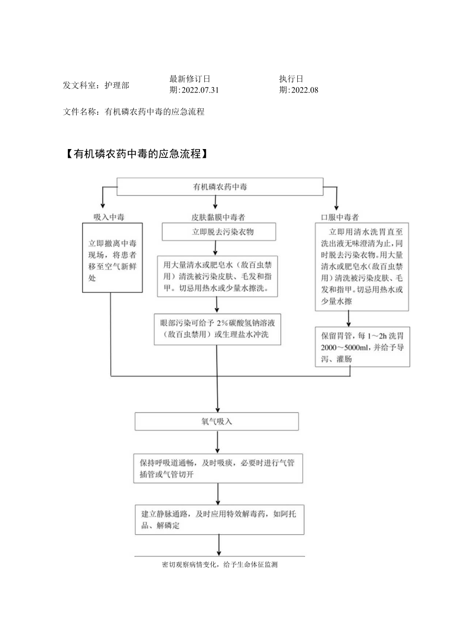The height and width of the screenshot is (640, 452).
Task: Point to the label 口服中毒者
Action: pos(339,216)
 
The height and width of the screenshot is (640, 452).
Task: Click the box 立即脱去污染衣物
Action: pos(219,231)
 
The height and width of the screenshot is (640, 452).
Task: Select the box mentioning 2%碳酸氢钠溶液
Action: pos(217,329)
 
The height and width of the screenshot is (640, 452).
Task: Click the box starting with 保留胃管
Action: pos(363,347)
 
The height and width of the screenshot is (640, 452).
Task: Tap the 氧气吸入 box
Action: pos(217,422)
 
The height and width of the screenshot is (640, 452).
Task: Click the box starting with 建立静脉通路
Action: pos(219,519)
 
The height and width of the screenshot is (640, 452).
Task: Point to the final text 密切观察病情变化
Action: pos(220,565)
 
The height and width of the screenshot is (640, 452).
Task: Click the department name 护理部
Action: pos(117,85)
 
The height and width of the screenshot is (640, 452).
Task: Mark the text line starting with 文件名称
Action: pos(134,112)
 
